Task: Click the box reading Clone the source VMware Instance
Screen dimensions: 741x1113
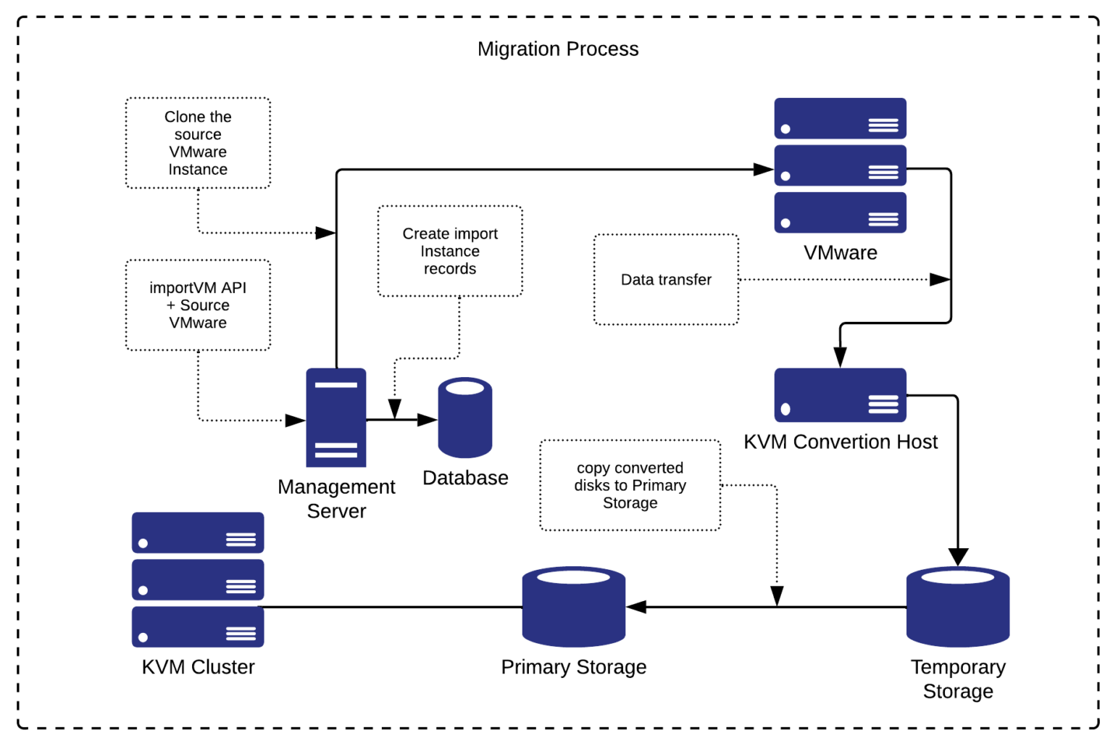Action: point(198,143)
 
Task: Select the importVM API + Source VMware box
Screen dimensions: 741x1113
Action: point(198,305)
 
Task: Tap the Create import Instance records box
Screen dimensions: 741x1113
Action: point(450,251)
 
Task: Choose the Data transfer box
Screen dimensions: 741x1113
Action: point(666,279)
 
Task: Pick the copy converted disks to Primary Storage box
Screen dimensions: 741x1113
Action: point(630,485)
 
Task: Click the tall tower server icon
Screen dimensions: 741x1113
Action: point(336,418)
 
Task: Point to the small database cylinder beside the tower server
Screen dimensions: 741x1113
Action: point(464,418)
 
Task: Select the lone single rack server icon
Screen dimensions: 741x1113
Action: point(840,395)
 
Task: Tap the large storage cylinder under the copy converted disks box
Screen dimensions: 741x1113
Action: point(573,606)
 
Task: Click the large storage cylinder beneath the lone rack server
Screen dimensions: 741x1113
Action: point(957,606)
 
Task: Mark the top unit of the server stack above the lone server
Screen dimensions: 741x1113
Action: point(840,118)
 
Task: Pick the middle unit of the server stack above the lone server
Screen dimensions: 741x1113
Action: point(840,165)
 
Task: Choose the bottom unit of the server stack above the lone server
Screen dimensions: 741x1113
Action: point(840,212)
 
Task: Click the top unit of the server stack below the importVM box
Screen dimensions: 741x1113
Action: point(197,533)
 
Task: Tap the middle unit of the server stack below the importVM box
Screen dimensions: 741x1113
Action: point(197,580)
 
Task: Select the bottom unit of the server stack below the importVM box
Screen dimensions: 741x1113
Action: point(197,627)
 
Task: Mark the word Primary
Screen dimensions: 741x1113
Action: point(659,486)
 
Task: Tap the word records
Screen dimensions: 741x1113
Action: point(450,269)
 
